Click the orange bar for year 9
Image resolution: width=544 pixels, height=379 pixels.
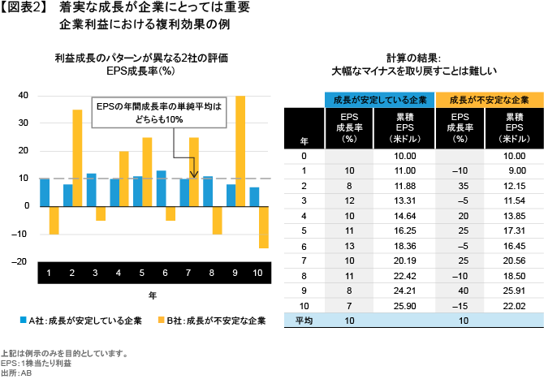[x=240, y=150]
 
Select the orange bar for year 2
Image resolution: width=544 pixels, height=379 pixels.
[x=78, y=157]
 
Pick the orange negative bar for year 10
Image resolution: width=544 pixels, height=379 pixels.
[x=264, y=226]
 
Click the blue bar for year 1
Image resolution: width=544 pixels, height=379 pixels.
[x=45, y=192]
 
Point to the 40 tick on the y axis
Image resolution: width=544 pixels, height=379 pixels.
[x=24, y=96]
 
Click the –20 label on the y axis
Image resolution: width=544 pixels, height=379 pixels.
[x=21, y=261]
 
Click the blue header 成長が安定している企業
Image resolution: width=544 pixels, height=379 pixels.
[x=379, y=99]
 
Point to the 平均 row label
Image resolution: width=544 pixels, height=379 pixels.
[x=304, y=321]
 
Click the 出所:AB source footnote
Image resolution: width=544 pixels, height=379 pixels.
[x=18, y=372]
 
